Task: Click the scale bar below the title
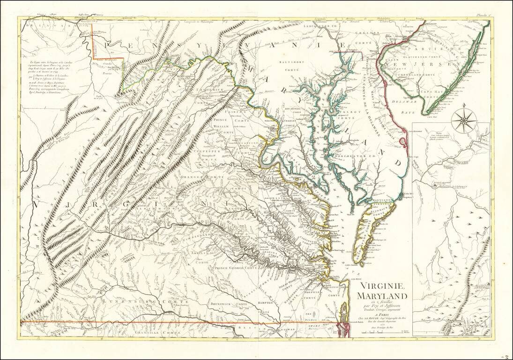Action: tap(382, 332)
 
